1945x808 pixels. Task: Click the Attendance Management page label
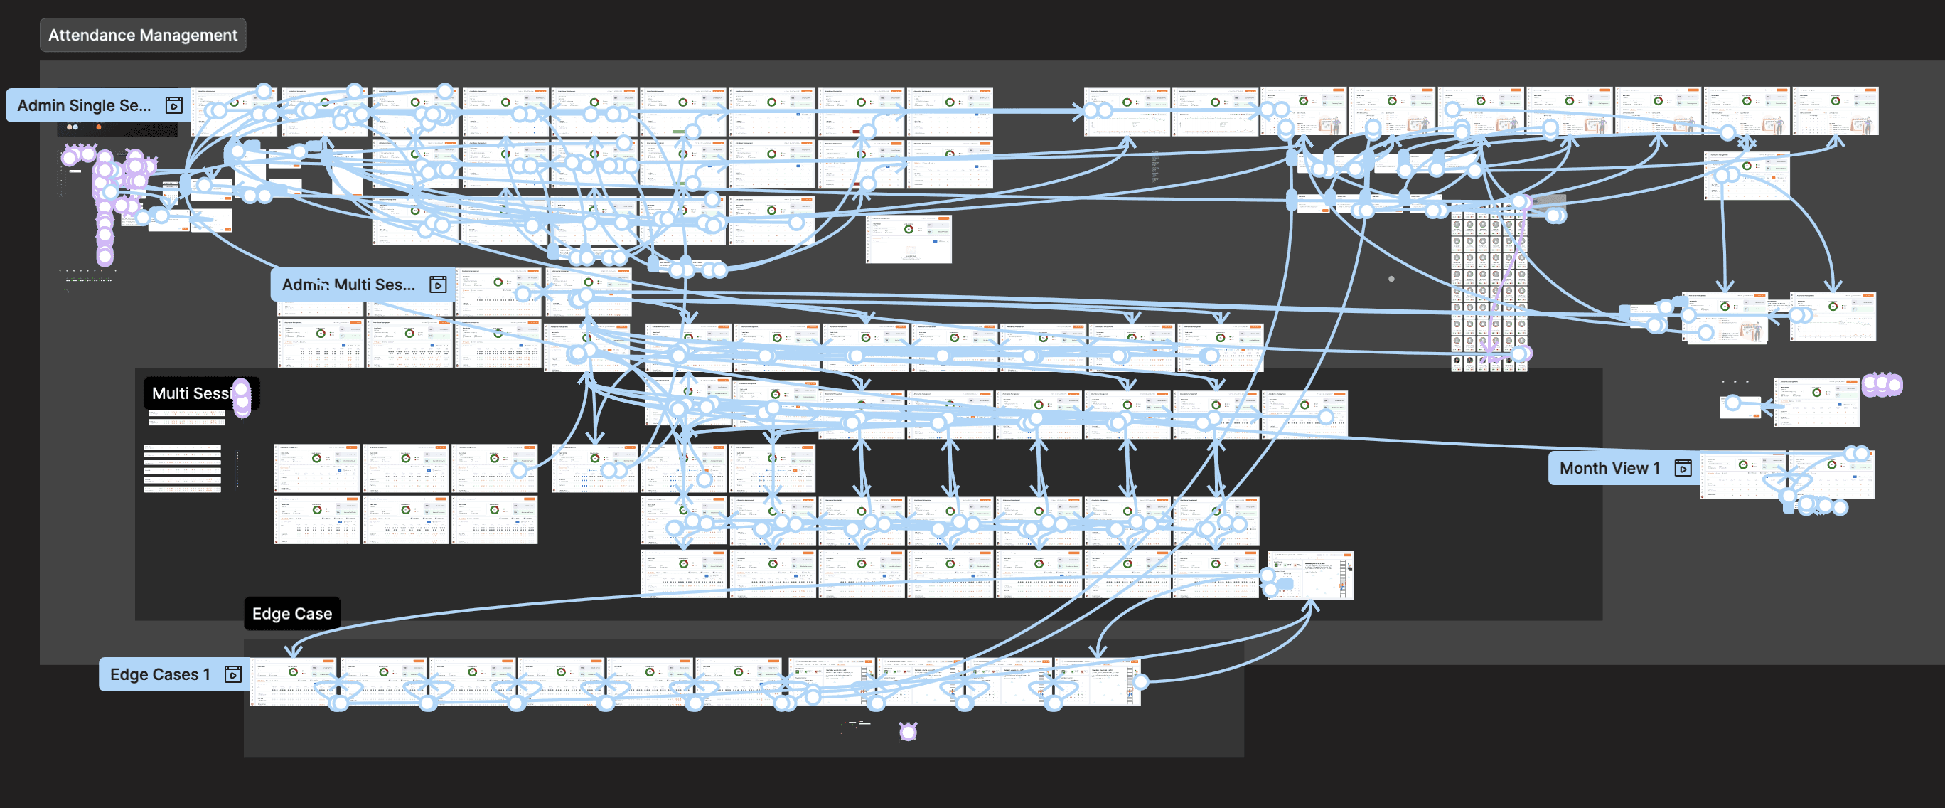click(143, 36)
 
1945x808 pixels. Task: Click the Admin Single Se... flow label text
click(84, 106)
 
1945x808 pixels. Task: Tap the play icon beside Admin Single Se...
click(173, 106)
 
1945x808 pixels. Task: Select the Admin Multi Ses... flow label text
click(348, 285)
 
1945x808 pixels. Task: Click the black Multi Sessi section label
click(192, 393)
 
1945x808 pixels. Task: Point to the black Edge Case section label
click(292, 614)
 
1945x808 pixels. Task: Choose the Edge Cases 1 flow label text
click(160, 674)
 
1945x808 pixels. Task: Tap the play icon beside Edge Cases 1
click(233, 674)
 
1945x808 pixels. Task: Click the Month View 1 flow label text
click(1609, 468)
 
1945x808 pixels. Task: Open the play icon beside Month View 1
click(1683, 468)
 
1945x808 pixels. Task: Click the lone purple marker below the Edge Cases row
click(909, 731)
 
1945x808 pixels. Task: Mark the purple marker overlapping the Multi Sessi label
click(242, 397)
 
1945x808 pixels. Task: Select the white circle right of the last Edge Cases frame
click(1141, 682)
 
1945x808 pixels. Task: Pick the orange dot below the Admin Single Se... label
click(98, 127)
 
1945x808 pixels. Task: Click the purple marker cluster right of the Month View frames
click(1882, 385)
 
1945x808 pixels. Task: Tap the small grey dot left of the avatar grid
click(1391, 279)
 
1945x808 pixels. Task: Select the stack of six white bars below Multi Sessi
click(183, 469)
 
